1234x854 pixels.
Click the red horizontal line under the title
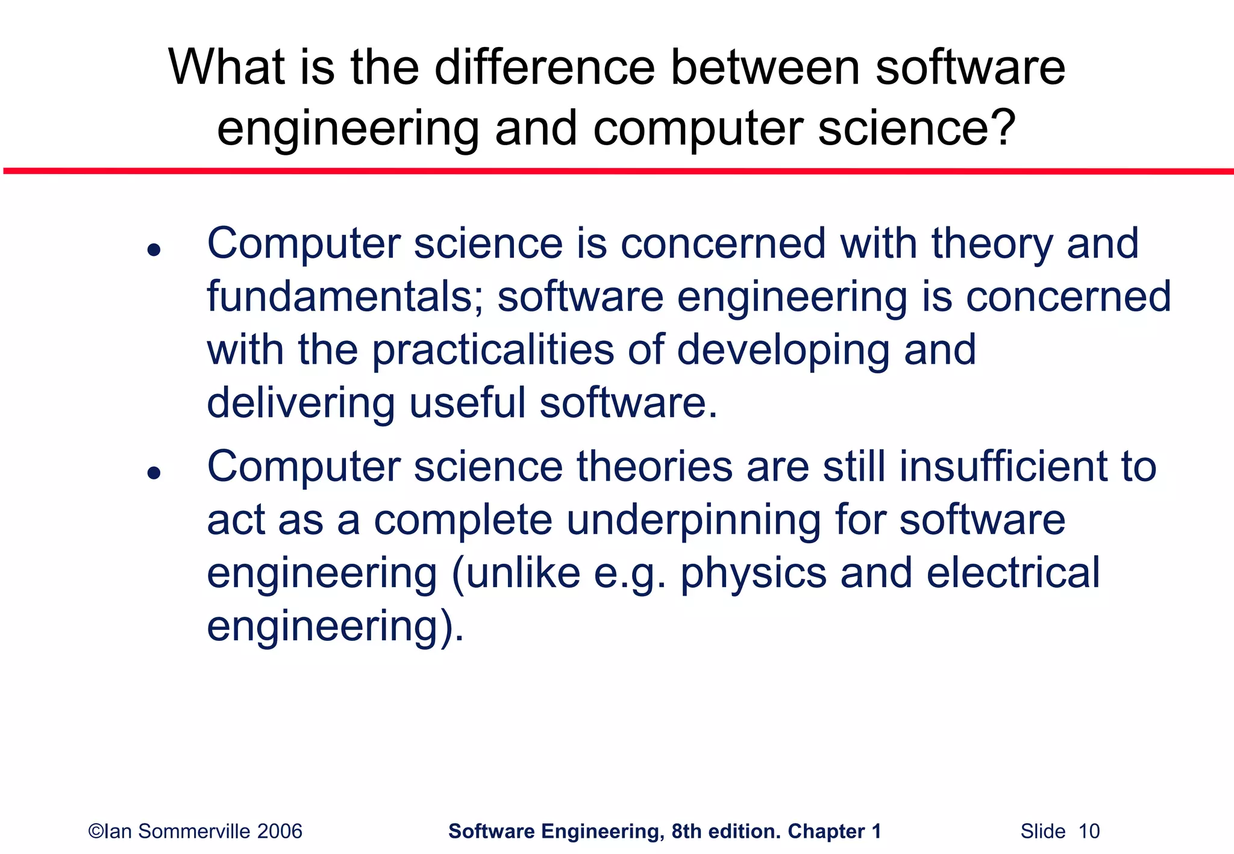617,172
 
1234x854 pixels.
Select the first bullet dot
154,250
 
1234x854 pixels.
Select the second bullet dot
154,473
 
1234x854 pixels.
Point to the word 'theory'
992,245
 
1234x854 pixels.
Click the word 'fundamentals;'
345,296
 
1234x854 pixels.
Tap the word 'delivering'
301,403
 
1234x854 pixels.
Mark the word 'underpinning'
693,521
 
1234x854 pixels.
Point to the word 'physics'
753,573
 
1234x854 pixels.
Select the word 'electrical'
1013,573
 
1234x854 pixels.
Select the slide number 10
1089,831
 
